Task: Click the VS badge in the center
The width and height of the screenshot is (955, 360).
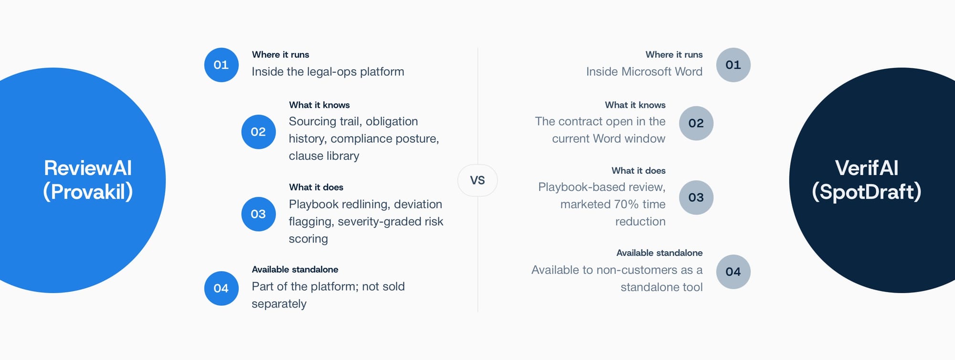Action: tap(477, 180)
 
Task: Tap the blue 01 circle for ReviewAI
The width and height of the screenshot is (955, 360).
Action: tap(221, 65)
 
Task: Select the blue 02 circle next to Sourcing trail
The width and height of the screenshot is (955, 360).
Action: tap(258, 132)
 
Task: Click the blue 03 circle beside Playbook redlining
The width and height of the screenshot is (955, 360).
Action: tap(258, 214)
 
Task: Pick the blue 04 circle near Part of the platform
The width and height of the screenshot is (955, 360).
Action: tap(221, 288)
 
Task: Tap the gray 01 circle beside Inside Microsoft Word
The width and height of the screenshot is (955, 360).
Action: tap(733, 65)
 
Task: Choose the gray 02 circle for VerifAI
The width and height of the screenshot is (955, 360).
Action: tap(696, 123)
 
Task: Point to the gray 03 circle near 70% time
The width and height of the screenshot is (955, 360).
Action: tap(696, 197)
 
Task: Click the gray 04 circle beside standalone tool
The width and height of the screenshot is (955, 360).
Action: tap(733, 272)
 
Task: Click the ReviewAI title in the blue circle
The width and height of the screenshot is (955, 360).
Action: tap(88, 168)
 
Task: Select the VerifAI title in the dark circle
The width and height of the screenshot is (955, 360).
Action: tap(867, 168)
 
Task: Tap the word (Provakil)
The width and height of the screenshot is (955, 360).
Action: tap(88, 192)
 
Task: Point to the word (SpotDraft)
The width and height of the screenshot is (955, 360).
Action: tap(867, 192)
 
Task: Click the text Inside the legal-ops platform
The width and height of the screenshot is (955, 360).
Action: tap(328, 72)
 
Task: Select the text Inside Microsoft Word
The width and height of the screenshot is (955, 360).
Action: tap(644, 72)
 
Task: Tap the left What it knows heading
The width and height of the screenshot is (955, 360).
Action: tap(319, 105)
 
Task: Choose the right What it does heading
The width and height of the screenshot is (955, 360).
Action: tap(638, 170)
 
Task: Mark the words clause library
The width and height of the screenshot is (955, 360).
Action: tap(324, 156)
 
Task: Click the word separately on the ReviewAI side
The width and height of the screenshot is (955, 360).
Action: tap(279, 304)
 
